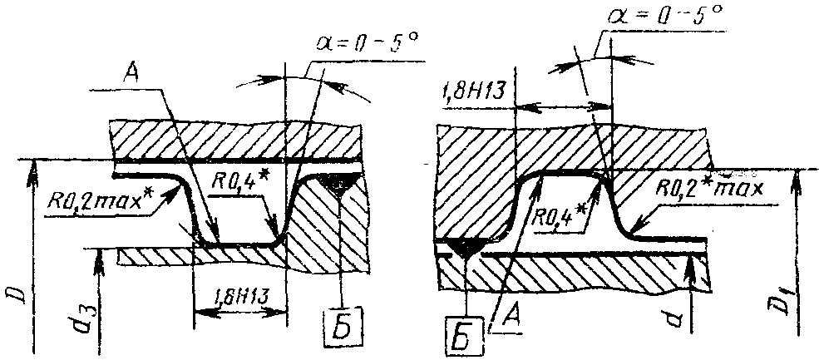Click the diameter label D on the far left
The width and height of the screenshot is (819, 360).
click(x=13, y=292)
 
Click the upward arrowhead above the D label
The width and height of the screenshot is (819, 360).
click(x=33, y=168)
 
